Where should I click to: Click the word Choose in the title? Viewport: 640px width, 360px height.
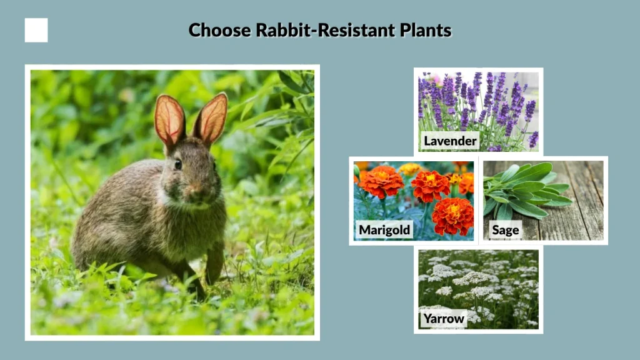tap(220, 30)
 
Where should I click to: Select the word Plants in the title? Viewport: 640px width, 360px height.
tap(426, 30)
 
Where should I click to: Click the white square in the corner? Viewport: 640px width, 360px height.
tap(36, 30)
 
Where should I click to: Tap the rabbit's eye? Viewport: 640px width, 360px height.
tap(178, 165)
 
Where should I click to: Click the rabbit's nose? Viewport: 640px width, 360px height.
tap(199, 186)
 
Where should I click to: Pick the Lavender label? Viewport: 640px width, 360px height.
tap(450, 141)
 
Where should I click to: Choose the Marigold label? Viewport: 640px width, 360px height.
tap(384, 230)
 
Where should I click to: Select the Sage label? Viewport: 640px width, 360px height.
tap(505, 230)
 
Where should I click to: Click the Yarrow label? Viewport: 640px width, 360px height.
tap(444, 319)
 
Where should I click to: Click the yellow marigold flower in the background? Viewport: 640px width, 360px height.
tap(410, 168)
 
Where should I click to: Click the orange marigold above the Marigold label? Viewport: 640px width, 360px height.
tap(381, 182)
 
